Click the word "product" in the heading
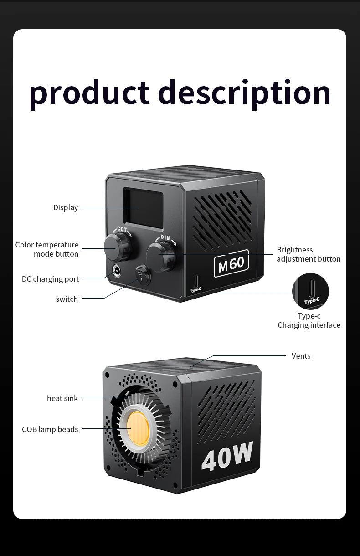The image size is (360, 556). pyautogui.click(x=89, y=93)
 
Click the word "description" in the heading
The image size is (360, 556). pyautogui.click(x=244, y=93)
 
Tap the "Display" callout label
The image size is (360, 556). pyautogui.click(x=66, y=207)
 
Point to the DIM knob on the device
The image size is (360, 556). pyautogui.click(x=161, y=256)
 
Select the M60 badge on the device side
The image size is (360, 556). pyautogui.click(x=231, y=263)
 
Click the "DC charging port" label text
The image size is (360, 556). pyautogui.click(x=50, y=279)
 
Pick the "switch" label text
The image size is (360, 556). pyautogui.click(x=67, y=299)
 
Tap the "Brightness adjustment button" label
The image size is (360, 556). pyautogui.click(x=309, y=254)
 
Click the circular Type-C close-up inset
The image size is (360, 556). pyautogui.click(x=310, y=291)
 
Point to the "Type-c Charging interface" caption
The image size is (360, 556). pyautogui.click(x=309, y=320)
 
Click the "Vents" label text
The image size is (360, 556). pyautogui.click(x=301, y=356)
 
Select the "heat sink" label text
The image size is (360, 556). pyautogui.click(x=62, y=398)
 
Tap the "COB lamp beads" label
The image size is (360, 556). pyautogui.click(x=50, y=429)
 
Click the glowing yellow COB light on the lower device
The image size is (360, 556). pyautogui.click(x=136, y=428)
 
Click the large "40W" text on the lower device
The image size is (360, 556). pyautogui.click(x=226, y=456)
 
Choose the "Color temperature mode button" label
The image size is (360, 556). pyautogui.click(x=47, y=249)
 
